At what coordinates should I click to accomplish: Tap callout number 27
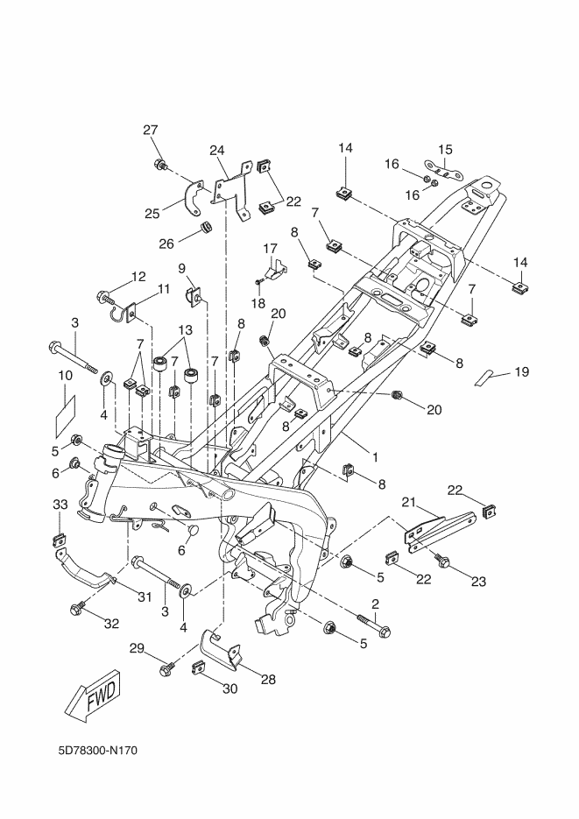click(151, 131)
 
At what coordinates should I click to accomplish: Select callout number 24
click(217, 150)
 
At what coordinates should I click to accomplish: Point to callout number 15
click(445, 148)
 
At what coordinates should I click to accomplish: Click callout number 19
click(521, 372)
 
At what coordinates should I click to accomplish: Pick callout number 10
click(64, 375)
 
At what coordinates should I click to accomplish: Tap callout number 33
click(60, 505)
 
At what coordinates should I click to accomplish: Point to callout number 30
click(229, 688)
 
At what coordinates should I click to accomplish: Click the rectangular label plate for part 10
click(66, 413)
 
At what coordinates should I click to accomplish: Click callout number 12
click(138, 277)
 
